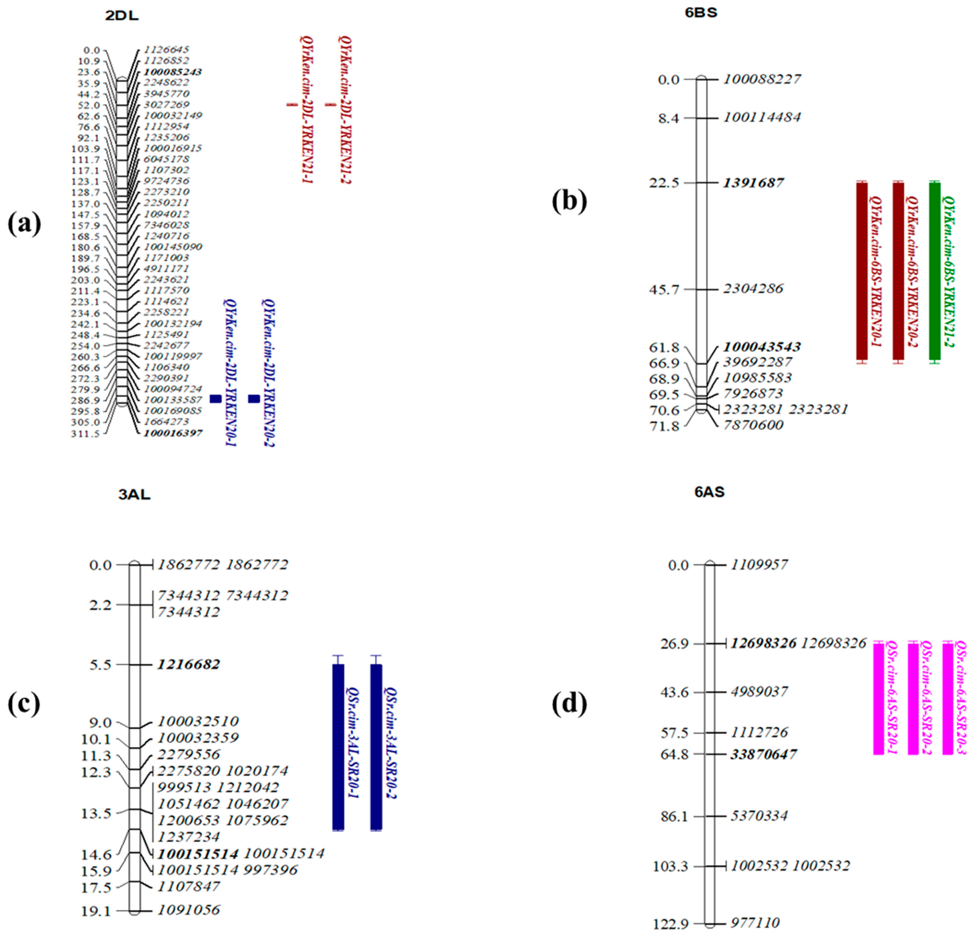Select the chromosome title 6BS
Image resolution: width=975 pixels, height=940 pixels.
(701, 12)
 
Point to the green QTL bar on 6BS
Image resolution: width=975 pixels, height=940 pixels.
(935, 271)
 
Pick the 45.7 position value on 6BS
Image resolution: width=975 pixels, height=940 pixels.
(664, 289)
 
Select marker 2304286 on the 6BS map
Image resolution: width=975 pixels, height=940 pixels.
(753, 288)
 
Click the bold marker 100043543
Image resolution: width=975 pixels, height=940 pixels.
(762, 347)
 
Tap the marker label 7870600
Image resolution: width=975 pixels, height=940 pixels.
(753, 425)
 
